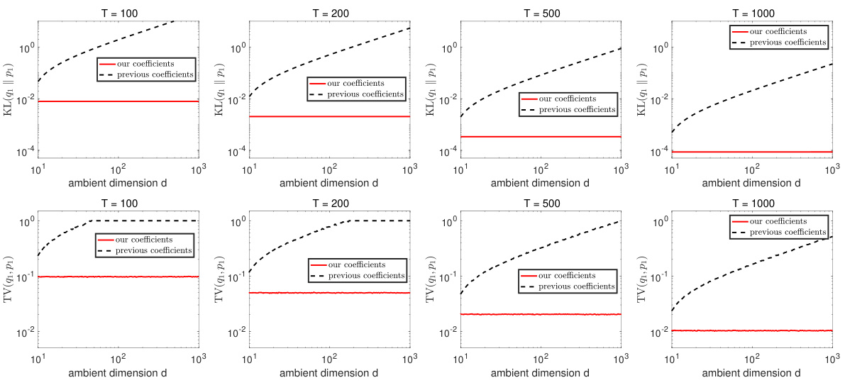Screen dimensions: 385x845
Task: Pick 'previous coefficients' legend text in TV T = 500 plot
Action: (x=575, y=286)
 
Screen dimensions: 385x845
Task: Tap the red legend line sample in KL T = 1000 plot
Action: (x=741, y=31)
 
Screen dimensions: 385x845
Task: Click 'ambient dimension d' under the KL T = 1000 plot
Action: (x=753, y=183)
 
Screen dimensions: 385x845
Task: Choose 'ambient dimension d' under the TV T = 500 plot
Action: (x=541, y=373)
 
